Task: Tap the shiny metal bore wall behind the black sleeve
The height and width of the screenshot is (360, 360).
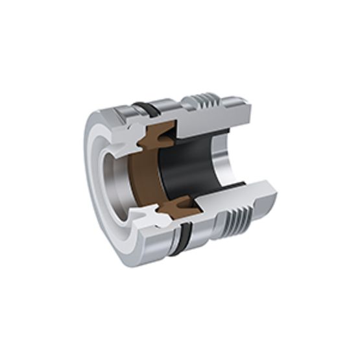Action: pyautogui.click(x=224, y=159)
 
